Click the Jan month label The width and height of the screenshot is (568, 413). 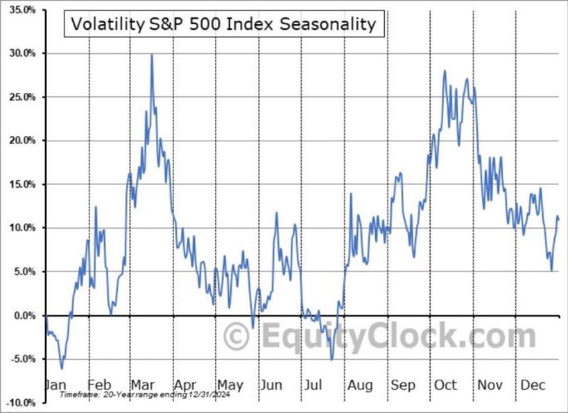click(55, 386)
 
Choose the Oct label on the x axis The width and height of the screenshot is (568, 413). click(446, 386)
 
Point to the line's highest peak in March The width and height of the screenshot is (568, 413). click(152, 55)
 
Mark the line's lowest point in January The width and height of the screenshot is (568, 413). click(62, 368)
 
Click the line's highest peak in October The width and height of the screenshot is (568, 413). click(444, 71)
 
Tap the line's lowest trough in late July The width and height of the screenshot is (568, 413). click(332, 359)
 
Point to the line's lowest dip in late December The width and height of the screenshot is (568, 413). click(551, 270)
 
